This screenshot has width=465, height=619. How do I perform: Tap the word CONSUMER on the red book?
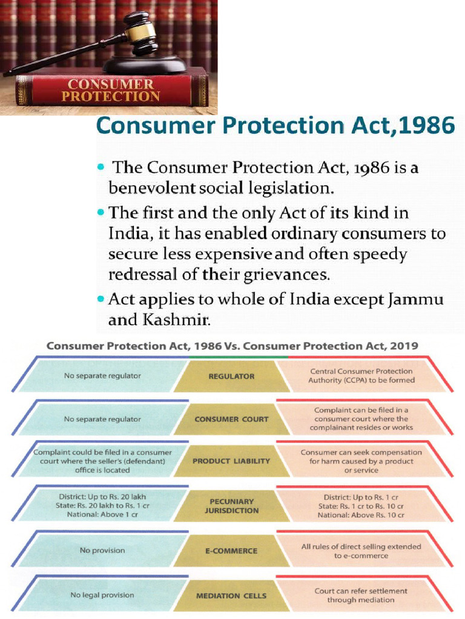(x=111, y=84)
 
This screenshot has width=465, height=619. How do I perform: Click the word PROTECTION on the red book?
(x=111, y=97)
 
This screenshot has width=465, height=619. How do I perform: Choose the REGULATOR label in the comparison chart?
(x=231, y=376)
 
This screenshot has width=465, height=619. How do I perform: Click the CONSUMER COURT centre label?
(x=231, y=419)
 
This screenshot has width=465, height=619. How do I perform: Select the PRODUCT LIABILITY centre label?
(x=231, y=461)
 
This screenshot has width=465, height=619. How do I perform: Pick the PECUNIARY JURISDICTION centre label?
(x=231, y=506)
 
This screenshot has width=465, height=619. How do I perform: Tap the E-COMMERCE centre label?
(x=231, y=551)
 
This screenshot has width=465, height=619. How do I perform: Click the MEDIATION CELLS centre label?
(x=231, y=595)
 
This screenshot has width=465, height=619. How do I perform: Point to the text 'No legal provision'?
(x=102, y=595)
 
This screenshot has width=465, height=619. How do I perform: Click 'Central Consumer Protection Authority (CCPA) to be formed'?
(x=361, y=376)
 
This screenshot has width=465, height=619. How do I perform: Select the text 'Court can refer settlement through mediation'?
(x=361, y=595)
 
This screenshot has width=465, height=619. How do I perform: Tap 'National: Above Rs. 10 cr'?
(x=361, y=516)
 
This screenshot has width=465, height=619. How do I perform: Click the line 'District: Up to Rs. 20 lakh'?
(x=102, y=497)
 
